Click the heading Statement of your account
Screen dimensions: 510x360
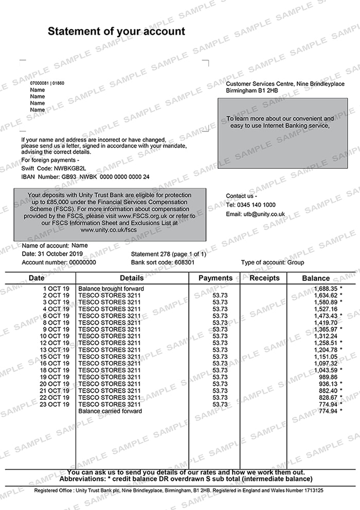click(116, 31)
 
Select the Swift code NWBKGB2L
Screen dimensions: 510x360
click(69, 168)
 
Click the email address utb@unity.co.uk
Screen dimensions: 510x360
click(264, 214)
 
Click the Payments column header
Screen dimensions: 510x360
click(215, 278)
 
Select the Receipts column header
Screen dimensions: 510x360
click(264, 278)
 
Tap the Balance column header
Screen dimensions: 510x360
click(316, 278)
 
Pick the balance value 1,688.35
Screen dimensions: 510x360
click(323, 289)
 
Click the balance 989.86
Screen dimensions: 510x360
click(326, 377)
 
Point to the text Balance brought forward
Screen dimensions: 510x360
click(111, 289)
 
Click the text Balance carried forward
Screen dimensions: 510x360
click(110, 411)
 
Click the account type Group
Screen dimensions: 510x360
click(296, 262)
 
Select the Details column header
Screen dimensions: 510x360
click(132, 278)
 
